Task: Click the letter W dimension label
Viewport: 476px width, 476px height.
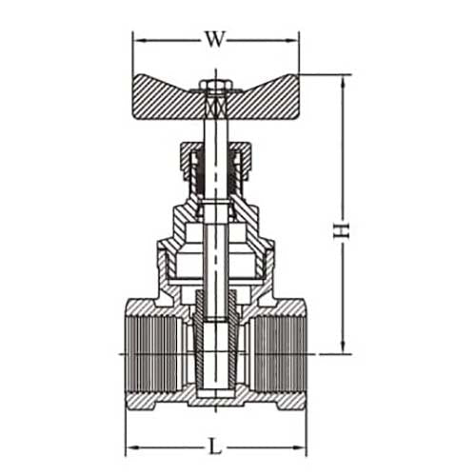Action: (x=215, y=39)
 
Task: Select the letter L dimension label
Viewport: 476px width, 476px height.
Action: (x=215, y=444)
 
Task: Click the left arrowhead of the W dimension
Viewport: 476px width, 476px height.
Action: (x=136, y=40)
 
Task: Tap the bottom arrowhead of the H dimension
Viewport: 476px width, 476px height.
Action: (x=341, y=349)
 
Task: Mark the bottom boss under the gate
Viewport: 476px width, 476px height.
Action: (x=215, y=399)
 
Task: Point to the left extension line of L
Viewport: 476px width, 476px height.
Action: (x=128, y=428)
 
